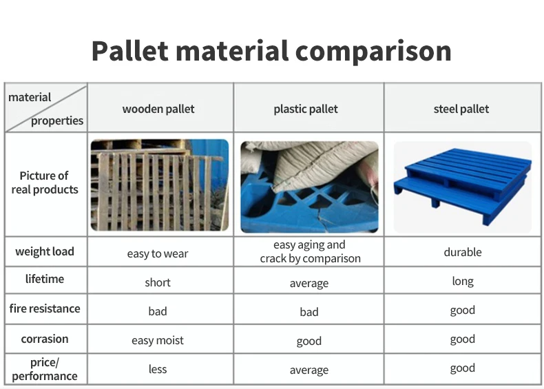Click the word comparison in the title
[373, 52]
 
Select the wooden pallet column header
[158, 109]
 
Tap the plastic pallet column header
[306, 109]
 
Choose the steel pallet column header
[461, 109]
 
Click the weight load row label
[45, 251]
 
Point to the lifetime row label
[45, 279]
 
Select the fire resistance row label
[45, 308]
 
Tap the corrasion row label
[45, 339]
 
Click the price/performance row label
[45, 369]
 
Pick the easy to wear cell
[158, 253]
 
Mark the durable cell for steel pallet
[463, 252]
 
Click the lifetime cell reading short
[158, 282]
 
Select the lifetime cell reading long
[463, 281]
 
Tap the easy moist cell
[158, 340]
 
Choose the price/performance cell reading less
[158, 369]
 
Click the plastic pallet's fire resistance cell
[309, 312]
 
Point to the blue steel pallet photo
[463, 187]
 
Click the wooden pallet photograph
[160, 185]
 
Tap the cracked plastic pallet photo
[309, 187]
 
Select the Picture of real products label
[45, 182]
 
